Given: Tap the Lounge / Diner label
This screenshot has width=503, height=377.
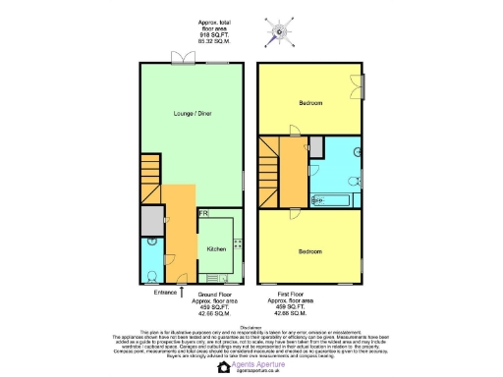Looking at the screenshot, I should click(192, 114).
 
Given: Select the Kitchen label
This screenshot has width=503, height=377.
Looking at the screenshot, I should click(216, 249).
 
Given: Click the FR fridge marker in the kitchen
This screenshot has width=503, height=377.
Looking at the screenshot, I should click(203, 213).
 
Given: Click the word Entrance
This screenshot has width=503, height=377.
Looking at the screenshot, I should click(165, 293).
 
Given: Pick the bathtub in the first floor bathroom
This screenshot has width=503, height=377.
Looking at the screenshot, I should click(332, 200).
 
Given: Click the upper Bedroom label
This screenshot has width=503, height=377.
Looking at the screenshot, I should click(310, 130).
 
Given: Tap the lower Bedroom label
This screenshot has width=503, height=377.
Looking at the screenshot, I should click(310, 251).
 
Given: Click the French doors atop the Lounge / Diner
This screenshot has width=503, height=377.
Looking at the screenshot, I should click(182, 57).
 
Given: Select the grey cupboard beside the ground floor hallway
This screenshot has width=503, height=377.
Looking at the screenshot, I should click(150, 222).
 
